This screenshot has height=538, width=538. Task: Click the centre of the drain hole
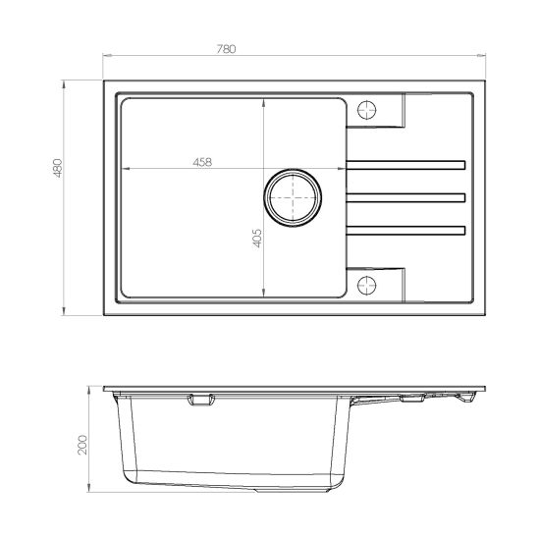pos(292,197)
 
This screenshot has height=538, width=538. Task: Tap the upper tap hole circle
pos(369,108)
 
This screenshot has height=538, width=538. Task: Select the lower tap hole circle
pos(369,285)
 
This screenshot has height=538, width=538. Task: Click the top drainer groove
pos(404,162)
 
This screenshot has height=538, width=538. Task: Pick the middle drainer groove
pos(404,197)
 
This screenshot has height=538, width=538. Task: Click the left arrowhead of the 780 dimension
pos(104,58)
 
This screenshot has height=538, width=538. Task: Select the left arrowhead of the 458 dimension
pos(122,170)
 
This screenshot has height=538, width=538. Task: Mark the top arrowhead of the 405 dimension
pos(264,96)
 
